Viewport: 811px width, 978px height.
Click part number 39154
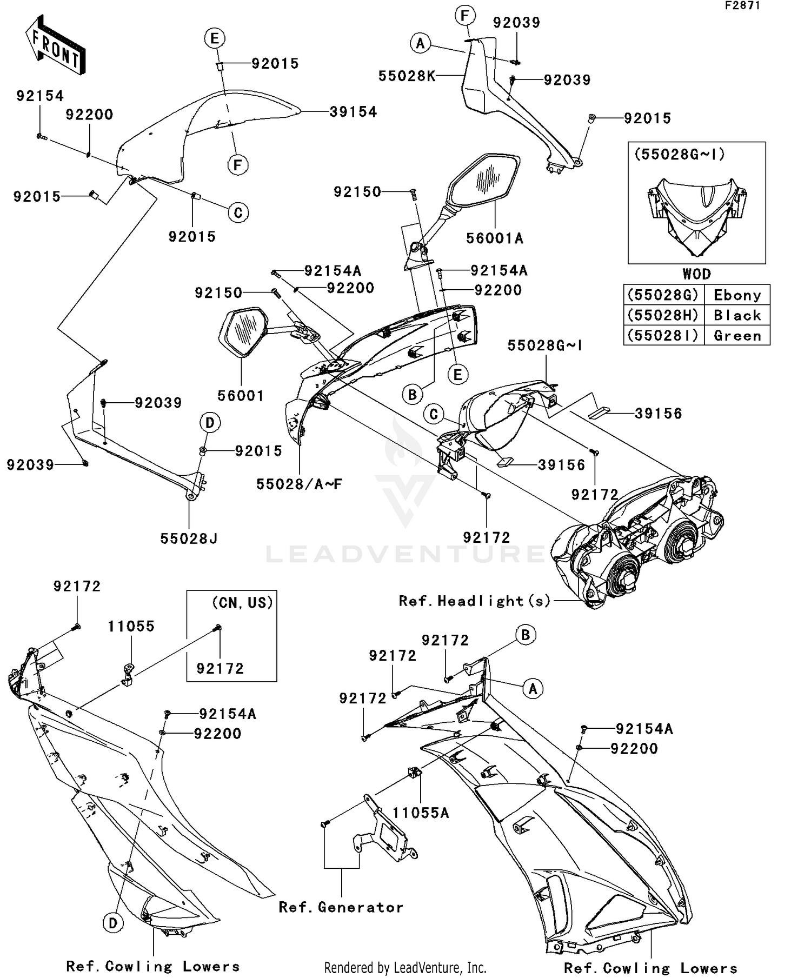tap(353, 112)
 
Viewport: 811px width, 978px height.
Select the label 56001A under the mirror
tap(495, 238)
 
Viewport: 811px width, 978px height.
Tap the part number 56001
tap(241, 396)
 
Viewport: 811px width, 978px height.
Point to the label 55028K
tap(407, 76)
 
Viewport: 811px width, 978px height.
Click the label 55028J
tap(189, 539)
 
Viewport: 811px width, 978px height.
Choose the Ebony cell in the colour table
tap(737, 295)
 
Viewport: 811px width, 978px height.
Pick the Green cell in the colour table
tap(737, 336)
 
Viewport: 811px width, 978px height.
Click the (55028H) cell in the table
tap(663, 315)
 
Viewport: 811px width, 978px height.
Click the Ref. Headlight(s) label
tap(474, 601)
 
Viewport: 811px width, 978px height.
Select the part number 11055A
tap(421, 813)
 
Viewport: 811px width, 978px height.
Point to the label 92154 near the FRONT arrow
tap(40, 96)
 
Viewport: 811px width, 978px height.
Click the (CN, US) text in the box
tap(242, 603)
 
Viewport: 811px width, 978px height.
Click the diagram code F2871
tap(742, 6)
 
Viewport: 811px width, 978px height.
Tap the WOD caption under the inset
tap(696, 274)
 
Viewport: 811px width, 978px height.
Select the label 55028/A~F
tap(299, 484)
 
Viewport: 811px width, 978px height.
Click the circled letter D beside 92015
tap(210, 422)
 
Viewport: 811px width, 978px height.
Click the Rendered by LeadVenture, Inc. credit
tap(405, 968)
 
